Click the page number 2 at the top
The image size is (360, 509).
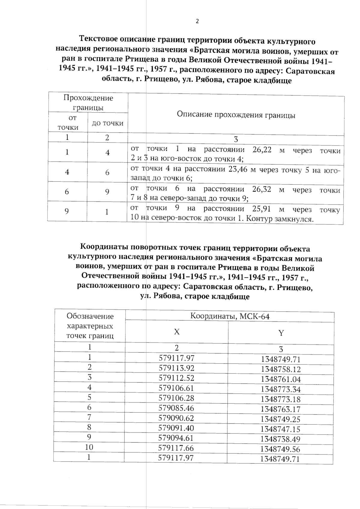point(197,21)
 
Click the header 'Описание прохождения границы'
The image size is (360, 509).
point(236,115)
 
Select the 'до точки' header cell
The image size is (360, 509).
point(107,123)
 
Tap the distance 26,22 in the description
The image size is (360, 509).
point(262,150)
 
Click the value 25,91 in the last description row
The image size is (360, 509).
point(262,209)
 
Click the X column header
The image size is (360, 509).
point(177,332)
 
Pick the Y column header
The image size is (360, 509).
point(281,333)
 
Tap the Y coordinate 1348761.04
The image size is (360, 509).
point(280,379)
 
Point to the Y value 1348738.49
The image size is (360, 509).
point(280,439)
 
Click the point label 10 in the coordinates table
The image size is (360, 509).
point(89,447)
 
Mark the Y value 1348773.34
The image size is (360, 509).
point(280,389)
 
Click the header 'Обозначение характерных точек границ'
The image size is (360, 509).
point(90,326)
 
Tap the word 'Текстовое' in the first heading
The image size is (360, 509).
point(98,39)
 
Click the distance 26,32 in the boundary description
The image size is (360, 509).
point(262,189)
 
